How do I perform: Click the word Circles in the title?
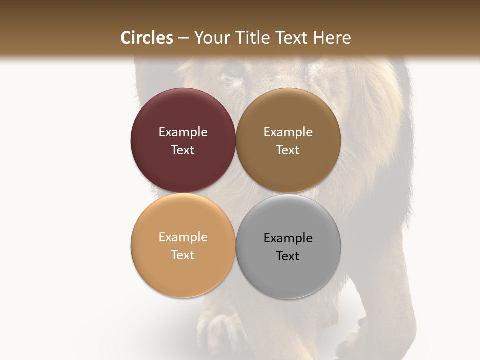(x=146, y=38)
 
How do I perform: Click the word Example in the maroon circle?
(x=183, y=132)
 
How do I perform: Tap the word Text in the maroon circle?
(x=183, y=150)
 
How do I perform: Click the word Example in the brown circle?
(x=288, y=132)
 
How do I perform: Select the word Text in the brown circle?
(x=288, y=150)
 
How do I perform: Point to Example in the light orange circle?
(x=183, y=237)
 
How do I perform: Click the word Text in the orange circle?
(x=183, y=255)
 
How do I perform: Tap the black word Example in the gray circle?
(x=288, y=238)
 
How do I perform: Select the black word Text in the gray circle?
(x=288, y=256)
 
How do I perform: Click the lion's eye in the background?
(x=232, y=70)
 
